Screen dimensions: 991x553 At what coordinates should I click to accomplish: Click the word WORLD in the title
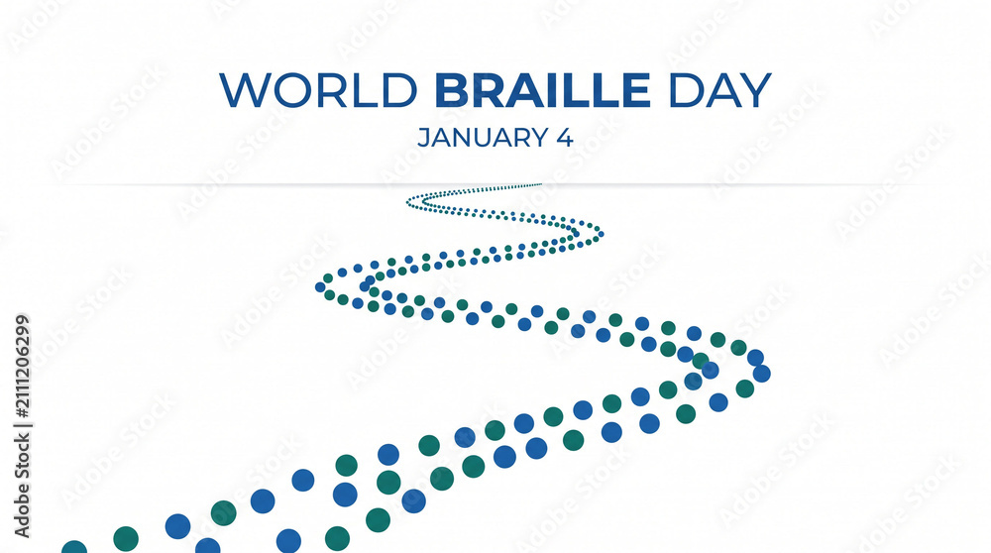tap(318, 90)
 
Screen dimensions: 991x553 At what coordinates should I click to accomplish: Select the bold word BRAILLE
tap(542, 90)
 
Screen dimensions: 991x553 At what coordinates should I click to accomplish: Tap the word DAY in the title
tap(719, 90)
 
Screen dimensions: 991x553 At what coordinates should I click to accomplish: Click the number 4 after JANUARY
tap(565, 138)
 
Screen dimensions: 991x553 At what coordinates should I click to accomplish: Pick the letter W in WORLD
tap(246, 90)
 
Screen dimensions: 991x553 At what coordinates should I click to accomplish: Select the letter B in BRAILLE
tap(451, 90)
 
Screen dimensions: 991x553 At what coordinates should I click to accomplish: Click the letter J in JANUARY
tap(423, 138)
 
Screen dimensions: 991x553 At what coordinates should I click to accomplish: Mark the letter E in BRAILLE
tap(636, 90)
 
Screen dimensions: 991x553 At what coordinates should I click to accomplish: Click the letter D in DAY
tap(685, 90)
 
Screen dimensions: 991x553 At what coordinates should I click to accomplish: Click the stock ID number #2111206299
tap(22, 367)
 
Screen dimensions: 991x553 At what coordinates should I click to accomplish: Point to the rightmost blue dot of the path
tap(761, 374)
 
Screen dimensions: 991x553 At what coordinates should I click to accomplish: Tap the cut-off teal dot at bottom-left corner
tap(74, 547)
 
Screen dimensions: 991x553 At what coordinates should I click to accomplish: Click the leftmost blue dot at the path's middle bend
tap(320, 287)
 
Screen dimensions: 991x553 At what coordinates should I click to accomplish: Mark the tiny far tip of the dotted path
tap(540, 184)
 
